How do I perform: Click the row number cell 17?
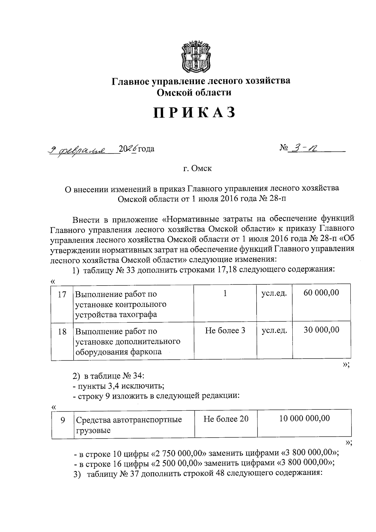62,295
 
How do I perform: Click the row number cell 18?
62,332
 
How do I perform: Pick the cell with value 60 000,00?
321,293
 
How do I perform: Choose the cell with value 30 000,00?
321,330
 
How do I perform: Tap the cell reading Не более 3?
225,330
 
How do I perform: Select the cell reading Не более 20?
226,419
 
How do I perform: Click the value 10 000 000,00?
304,418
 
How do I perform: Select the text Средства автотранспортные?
129,420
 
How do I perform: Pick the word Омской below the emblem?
174,92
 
